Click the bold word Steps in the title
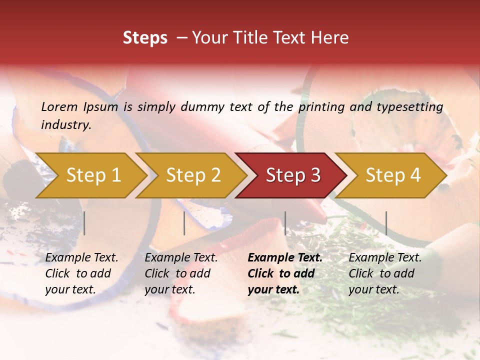click(145, 38)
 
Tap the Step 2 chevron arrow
click(193, 175)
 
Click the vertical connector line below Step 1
click(84, 223)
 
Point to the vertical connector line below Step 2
click(184, 223)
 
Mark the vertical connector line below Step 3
click(285, 223)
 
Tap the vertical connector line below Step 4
click(386, 223)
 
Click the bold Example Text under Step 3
click(285, 258)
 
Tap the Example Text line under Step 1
click(81, 258)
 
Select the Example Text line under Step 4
click(385, 258)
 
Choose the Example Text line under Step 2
click(181, 258)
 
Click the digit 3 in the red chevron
click(314, 175)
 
